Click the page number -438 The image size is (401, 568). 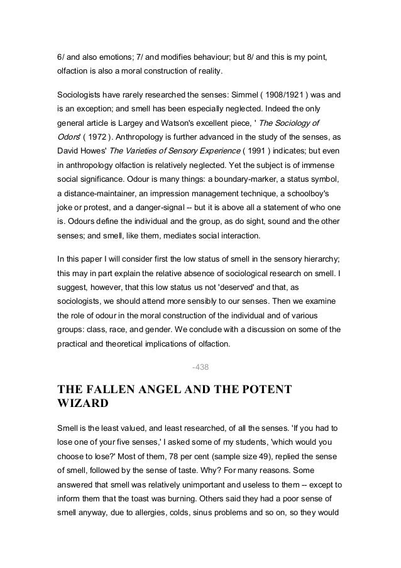[x=200, y=367]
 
